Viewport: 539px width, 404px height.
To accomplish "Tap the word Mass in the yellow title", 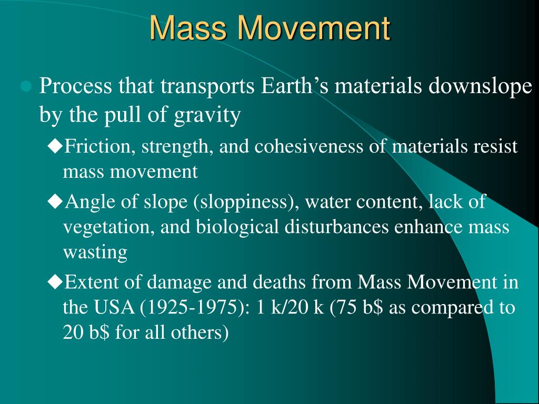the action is (x=188, y=28).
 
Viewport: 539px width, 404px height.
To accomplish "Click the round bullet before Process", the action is (x=26, y=87).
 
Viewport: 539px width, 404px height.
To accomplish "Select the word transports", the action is (x=207, y=86).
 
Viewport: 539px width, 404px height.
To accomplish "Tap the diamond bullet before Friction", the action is (x=55, y=146).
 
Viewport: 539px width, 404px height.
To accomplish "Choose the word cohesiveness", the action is (x=308, y=146).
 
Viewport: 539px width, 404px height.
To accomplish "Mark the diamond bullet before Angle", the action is (x=55, y=201).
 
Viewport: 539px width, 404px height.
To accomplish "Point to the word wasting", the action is (x=95, y=253).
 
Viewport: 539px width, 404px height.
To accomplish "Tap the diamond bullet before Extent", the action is (x=55, y=282).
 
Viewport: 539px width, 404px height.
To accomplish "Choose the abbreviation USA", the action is (x=114, y=307).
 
